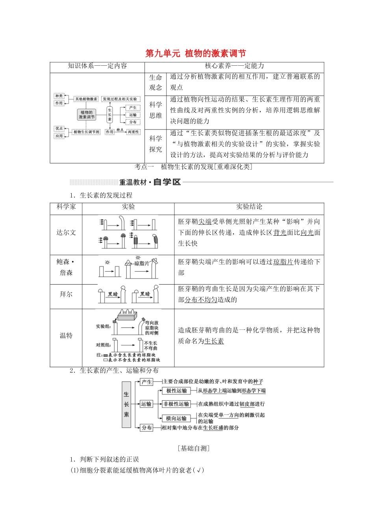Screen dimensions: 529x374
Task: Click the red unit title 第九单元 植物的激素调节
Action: [195, 54]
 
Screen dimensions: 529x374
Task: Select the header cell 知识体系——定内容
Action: [97, 66]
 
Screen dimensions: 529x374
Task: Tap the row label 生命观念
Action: [156, 82]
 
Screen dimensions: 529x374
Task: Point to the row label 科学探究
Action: [156, 144]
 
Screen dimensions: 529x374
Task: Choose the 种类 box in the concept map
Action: [59, 96]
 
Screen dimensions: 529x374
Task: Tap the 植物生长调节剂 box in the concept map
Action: [87, 132]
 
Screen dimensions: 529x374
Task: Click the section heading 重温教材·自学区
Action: [150, 182]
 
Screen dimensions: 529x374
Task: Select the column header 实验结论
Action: [249, 207]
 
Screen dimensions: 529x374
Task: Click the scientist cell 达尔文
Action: [66, 233]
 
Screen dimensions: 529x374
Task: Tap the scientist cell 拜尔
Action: [66, 294]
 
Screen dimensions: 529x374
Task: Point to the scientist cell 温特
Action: [66, 335]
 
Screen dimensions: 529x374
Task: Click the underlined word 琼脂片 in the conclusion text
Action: [283, 262]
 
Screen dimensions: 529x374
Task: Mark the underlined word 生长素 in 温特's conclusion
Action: [214, 341]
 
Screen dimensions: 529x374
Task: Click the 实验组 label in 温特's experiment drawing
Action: [103, 326]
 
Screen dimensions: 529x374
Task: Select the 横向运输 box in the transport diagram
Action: [176, 418]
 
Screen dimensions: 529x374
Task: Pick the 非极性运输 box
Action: [176, 404]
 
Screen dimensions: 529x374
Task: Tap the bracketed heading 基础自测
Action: [193, 448]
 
